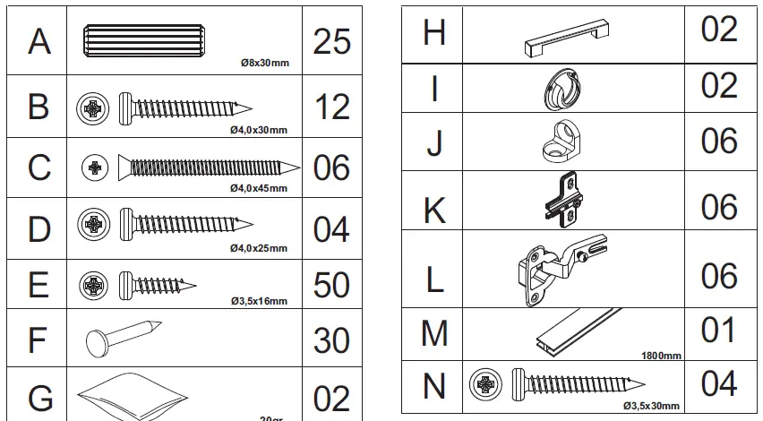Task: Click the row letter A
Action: pyautogui.click(x=39, y=41)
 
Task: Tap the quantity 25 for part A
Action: pyautogui.click(x=331, y=41)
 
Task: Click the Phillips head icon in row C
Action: pyautogui.click(x=94, y=166)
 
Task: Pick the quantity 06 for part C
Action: pyautogui.click(x=331, y=168)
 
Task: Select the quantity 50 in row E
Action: pyautogui.click(x=331, y=285)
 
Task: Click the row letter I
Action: pyautogui.click(x=433, y=88)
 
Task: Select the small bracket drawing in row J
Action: pyautogui.click(x=559, y=142)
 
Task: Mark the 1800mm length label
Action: pyautogui.click(x=661, y=356)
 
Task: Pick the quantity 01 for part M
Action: pyautogui.click(x=718, y=331)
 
